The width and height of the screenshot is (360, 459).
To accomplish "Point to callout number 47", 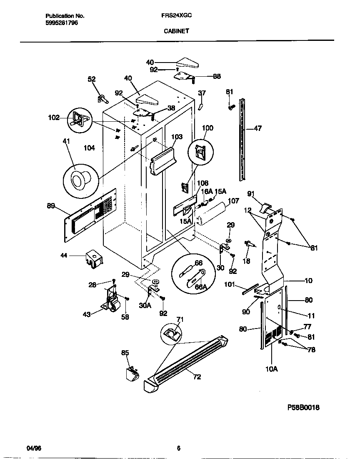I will click(257, 129).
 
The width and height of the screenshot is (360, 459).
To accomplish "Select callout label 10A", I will click(272, 369).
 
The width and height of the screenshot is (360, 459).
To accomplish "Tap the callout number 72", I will click(197, 377).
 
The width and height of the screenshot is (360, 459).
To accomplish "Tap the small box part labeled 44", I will click(93, 259).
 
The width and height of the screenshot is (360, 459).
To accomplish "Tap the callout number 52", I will click(91, 79).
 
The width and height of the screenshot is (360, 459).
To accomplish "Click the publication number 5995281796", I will click(61, 23).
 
